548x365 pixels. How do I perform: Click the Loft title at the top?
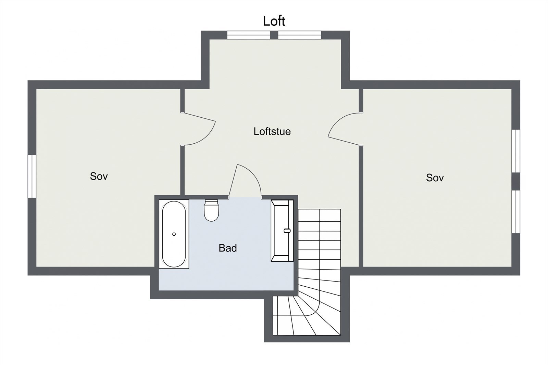pyautogui.click(x=274, y=21)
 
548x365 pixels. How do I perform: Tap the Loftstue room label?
pyautogui.click(x=272, y=131)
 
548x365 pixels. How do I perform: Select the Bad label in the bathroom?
pyautogui.click(x=228, y=248)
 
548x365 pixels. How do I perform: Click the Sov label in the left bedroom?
pyautogui.click(x=99, y=176)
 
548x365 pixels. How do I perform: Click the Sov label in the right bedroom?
pyautogui.click(x=435, y=178)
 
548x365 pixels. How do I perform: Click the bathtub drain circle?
pyautogui.click(x=174, y=234)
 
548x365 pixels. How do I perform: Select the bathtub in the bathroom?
pyautogui.click(x=174, y=234)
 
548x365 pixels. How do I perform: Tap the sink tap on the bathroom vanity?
pyautogui.click(x=287, y=231)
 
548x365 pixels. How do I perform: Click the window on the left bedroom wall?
pyautogui.click(x=32, y=176)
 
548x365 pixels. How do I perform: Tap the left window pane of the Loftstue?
pyautogui.click(x=249, y=35)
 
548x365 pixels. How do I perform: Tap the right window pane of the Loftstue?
pyautogui.click(x=299, y=35)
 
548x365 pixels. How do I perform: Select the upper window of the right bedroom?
pyautogui.click(x=516, y=151)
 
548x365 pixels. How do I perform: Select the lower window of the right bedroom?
pyautogui.click(x=516, y=212)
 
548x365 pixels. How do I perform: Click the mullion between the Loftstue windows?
pyautogui.click(x=274, y=35)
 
